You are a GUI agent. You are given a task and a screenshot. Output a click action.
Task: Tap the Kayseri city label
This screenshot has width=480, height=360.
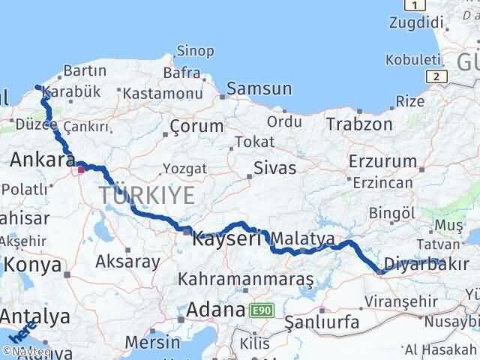point(226,239)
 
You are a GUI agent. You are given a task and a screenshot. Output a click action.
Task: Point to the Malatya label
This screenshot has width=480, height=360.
point(303,238)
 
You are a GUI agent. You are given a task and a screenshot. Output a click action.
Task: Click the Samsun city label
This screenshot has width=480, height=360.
point(259,88)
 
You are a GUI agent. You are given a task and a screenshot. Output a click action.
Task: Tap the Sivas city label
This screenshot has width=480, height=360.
point(275,167)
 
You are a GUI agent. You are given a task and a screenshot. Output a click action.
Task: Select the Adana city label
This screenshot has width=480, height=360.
point(217,309)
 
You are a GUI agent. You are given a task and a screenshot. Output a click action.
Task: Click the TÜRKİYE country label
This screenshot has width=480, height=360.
point(147,196)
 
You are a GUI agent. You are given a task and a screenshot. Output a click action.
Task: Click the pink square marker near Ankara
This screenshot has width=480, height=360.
point(81,169)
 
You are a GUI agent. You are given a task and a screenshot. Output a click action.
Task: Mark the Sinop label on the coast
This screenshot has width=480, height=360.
point(195,51)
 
